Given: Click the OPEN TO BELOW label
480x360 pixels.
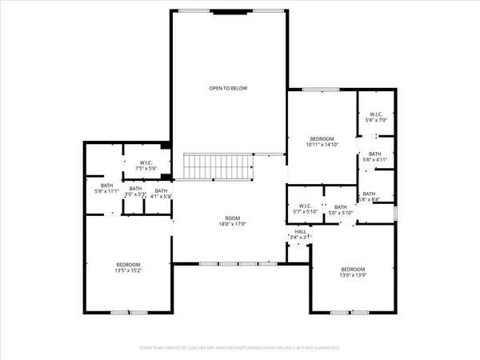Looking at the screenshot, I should point(230,89).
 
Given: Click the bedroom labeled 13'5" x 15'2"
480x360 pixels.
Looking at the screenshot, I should point(128,268).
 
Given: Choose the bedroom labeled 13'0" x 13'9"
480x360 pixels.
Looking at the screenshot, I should point(352,272).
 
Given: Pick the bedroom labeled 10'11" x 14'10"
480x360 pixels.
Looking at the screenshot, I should point(322,142).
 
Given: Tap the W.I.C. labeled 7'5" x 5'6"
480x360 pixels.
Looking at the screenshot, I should point(134,166).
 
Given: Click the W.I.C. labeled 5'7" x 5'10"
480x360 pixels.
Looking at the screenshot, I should point(303,210).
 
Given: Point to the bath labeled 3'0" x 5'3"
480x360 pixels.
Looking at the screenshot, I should point(133,191).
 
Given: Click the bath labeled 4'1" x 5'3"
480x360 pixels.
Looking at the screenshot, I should point(161,192).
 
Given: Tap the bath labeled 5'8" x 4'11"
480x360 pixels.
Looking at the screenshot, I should point(375,157).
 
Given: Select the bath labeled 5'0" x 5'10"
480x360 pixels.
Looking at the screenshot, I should point(341,210).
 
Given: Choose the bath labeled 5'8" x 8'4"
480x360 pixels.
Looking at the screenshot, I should point(369,197).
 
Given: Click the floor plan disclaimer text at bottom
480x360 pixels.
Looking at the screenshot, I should point(240,349).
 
